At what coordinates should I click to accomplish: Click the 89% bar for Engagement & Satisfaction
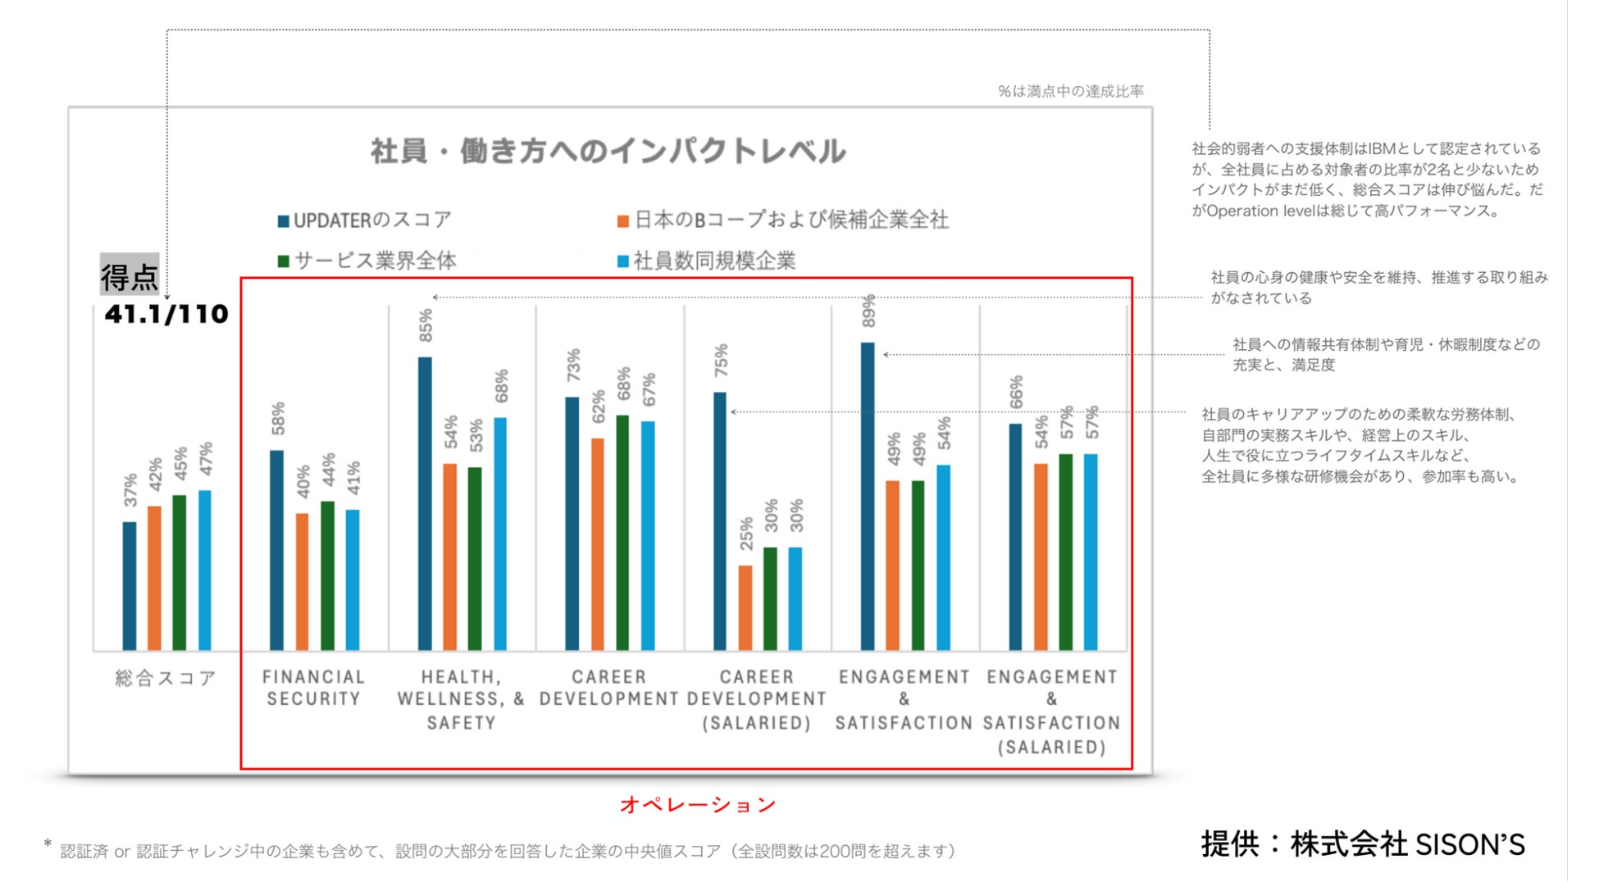click(x=868, y=496)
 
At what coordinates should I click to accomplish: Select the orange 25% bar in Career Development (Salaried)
click(x=745, y=607)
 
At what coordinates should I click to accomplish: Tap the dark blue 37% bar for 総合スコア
click(x=130, y=585)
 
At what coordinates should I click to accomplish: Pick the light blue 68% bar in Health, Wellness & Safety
click(x=500, y=534)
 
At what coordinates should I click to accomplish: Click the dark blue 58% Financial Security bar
click(x=277, y=550)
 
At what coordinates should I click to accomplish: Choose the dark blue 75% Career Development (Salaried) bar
click(x=720, y=521)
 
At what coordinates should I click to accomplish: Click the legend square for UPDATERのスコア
click(x=284, y=221)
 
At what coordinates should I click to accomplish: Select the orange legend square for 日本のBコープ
click(x=623, y=221)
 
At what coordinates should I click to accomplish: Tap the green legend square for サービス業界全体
click(x=284, y=261)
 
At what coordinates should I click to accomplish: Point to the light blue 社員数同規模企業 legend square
click(x=623, y=261)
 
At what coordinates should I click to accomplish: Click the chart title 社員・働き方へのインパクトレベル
click(x=608, y=152)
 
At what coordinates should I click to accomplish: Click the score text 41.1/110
click(x=166, y=314)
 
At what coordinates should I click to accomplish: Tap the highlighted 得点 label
click(x=130, y=276)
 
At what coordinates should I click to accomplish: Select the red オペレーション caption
click(x=698, y=805)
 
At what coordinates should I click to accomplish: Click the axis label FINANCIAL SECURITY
click(x=313, y=688)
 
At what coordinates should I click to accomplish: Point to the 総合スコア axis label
click(x=166, y=678)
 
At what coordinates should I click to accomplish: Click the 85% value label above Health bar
click(x=426, y=325)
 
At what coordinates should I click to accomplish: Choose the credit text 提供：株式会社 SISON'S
click(x=1363, y=844)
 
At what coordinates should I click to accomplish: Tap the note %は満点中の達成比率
click(x=1070, y=91)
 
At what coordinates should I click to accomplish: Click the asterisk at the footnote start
click(x=48, y=843)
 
